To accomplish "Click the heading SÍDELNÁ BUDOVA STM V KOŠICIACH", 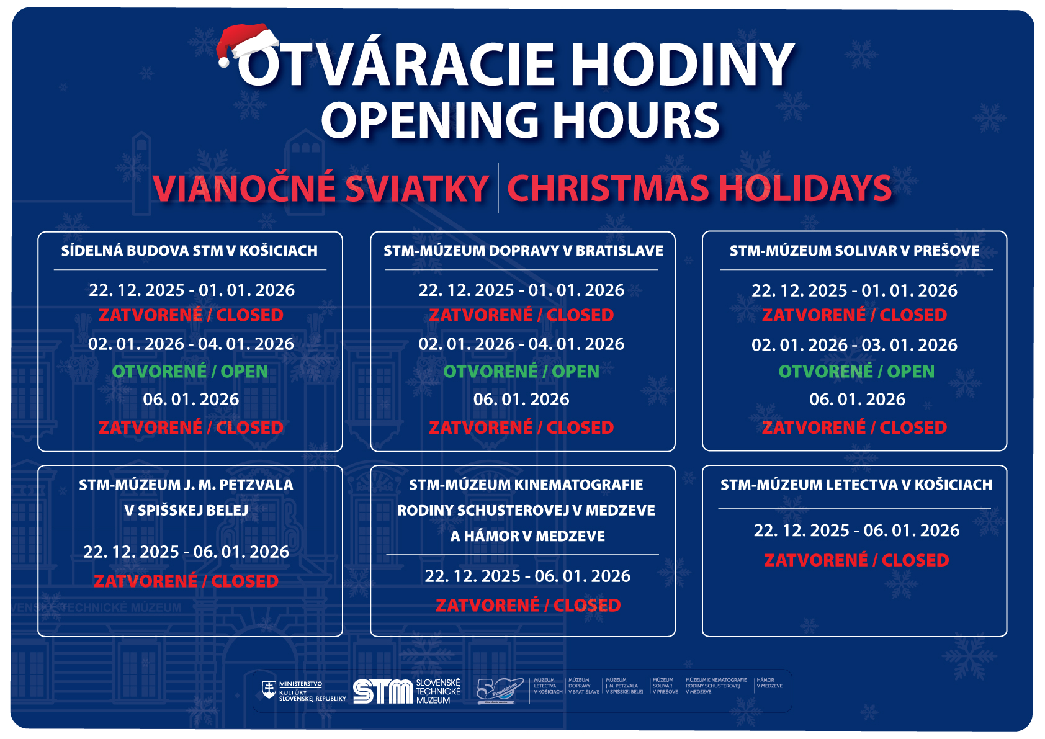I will coord(189,251).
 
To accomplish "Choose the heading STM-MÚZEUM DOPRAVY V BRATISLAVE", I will coord(523,251).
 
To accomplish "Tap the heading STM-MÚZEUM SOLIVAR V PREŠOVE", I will coord(854,251).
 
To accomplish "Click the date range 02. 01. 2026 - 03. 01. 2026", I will coord(854,345).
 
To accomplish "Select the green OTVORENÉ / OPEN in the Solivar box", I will coord(856,371).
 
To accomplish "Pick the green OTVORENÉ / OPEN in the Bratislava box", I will coord(521,371).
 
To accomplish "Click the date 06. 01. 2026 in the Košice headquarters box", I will coord(191,400).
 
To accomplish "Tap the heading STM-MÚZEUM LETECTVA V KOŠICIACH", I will coord(856,485).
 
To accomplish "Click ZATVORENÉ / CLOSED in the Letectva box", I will coord(856,560).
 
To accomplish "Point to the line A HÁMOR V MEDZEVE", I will coord(527,536).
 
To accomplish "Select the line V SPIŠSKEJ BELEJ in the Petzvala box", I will coord(186,511).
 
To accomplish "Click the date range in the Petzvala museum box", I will coord(186,552).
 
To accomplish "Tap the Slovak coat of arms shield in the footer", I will coord(269,690).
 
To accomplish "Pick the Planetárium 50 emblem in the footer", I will coord(496,691).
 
